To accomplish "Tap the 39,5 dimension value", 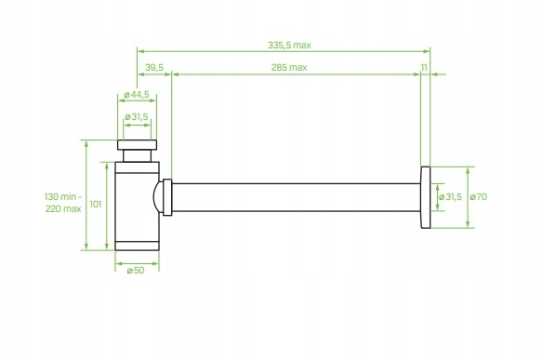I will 154,68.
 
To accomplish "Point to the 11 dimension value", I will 424,68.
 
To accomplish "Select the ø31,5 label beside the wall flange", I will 449,196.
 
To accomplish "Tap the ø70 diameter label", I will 480,196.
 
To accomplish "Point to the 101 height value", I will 96,203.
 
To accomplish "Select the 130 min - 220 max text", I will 63,203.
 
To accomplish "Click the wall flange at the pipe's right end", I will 426,196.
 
